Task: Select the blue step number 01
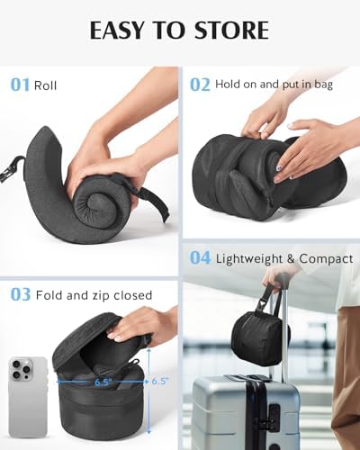(20, 85)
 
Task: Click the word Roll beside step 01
(45, 86)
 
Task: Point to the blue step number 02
(200, 85)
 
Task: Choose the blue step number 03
(20, 294)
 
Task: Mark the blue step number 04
(200, 258)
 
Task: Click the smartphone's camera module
(22, 368)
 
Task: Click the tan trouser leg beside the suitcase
(346, 360)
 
